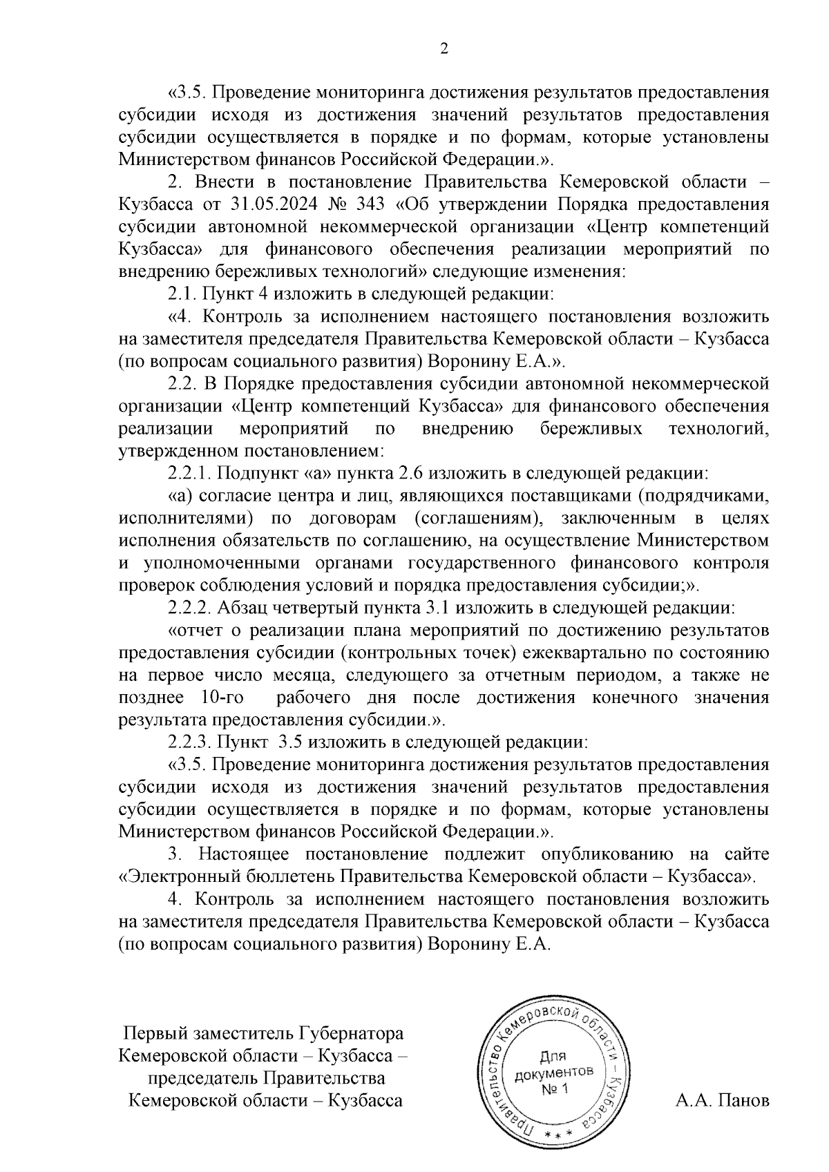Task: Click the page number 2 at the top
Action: [x=444, y=48]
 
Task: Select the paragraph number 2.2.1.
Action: [x=189, y=474]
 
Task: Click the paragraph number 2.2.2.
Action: [x=189, y=608]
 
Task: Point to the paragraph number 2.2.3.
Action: [x=189, y=742]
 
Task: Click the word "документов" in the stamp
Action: [x=553, y=1073]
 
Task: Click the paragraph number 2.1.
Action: [x=182, y=294]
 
